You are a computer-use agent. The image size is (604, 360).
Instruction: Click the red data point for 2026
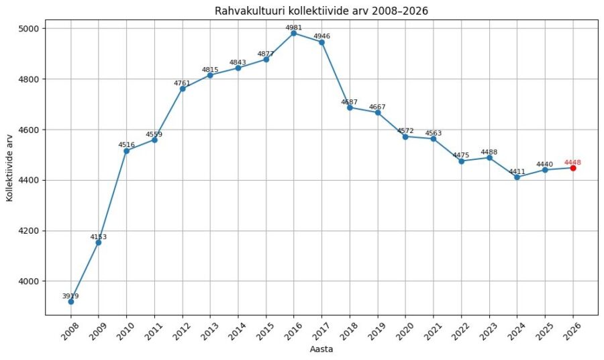573,168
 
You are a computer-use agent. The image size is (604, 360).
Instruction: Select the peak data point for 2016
294,33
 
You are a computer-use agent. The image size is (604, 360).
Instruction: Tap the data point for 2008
70,302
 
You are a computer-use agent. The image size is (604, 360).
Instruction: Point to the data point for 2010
126,150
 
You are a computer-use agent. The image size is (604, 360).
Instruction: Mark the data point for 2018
350,107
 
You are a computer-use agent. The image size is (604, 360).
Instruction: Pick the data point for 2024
517,177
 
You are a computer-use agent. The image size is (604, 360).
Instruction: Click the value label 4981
294,28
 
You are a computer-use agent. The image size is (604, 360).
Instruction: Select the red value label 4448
573,162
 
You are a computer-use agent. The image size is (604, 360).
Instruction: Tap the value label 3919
70,296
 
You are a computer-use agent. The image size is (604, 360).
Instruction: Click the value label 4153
99,236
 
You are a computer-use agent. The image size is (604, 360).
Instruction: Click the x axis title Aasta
321,349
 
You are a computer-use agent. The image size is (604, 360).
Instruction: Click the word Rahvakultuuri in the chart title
246,11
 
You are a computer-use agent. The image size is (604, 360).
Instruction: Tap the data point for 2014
238,68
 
